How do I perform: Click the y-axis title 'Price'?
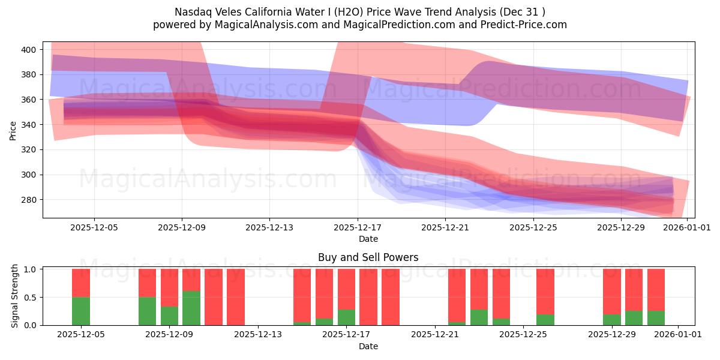click(13, 130)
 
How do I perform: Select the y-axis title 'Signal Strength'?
click(16, 297)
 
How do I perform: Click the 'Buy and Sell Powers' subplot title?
click(368, 257)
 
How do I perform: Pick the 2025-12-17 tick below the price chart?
click(357, 228)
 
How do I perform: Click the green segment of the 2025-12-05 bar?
click(81, 311)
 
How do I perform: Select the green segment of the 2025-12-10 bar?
click(191, 308)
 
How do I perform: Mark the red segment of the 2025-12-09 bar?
click(169, 287)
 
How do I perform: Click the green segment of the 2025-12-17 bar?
click(346, 317)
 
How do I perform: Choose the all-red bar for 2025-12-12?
click(236, 297)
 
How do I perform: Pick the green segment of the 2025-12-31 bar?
click(656, 318)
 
